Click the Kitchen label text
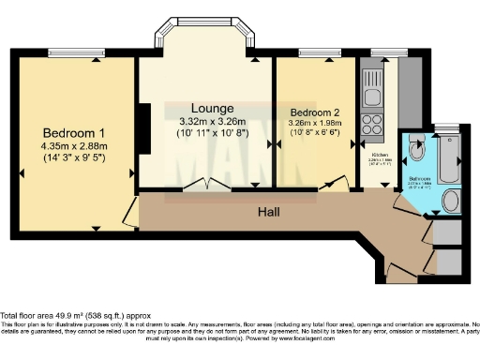coord(379,154)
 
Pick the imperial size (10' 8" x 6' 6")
coord(315,133)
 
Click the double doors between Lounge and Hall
coord(205,185)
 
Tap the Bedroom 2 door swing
coord(330,184)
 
